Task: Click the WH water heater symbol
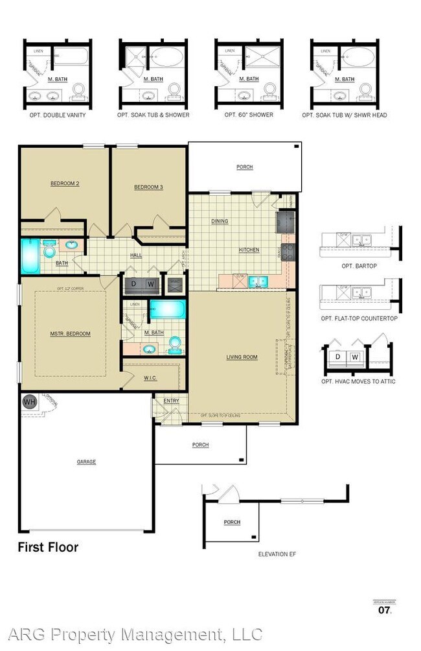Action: (x=29, y=402)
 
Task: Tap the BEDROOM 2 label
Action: (x=65, y=183)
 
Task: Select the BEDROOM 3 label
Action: (x=148, y=187)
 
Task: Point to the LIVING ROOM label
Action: (x=242, y=357)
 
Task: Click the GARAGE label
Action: (x=86, y=462)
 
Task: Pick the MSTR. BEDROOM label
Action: (x=70, y=334)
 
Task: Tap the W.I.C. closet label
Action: (x=150, y=378)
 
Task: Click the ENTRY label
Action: (x=171, y=401)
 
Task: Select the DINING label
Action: (x=220, y=221)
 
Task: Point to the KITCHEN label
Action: (x=249, y=250)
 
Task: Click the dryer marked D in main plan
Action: (x=134, y=283)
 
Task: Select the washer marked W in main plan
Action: (x=151, y=283)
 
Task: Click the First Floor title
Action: (x=47, y=547)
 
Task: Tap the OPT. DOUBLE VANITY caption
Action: (x=55, y=115)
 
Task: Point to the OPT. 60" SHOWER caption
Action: (x=249, y=115)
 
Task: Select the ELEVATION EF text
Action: (x=277, y=554)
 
